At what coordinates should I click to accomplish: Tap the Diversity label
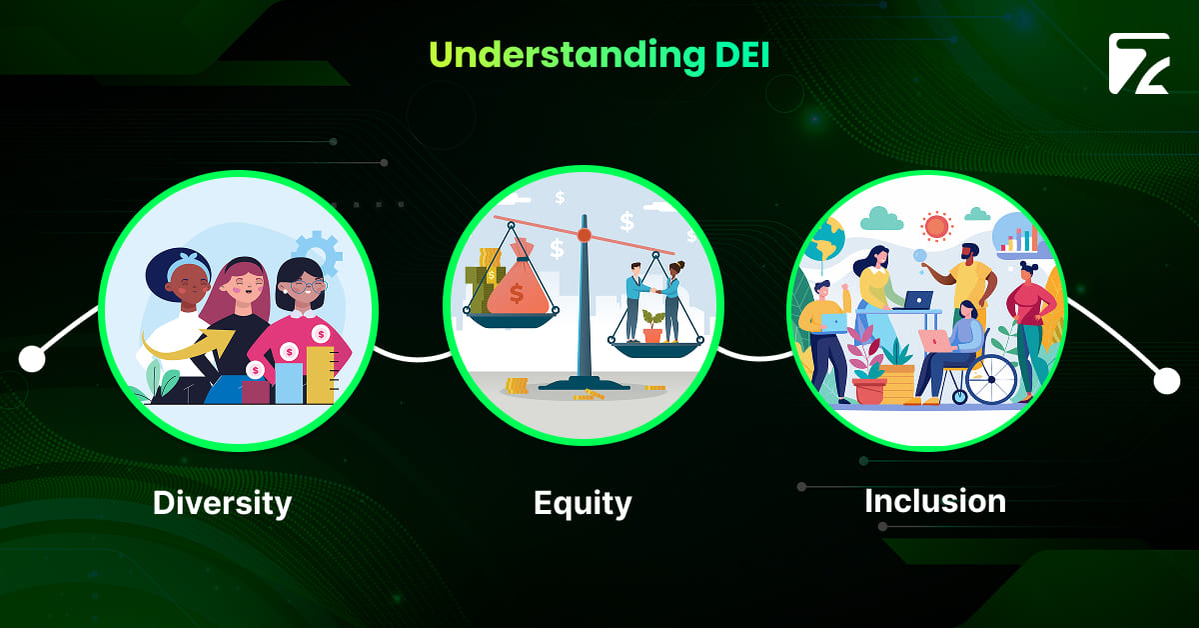click(x=222, y=502)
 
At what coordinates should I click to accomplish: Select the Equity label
click(x=583, y=502)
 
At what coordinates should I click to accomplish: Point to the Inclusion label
click(x=934, y=500)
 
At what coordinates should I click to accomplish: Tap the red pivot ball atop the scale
click(x=585, y=235)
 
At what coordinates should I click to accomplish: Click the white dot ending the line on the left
click(x=32, y=358)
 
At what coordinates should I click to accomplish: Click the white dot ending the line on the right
click(x=1166, y=381)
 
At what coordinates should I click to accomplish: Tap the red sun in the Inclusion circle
click(x=936, y=227)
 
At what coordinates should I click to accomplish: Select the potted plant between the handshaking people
click(x=652, y=326)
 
